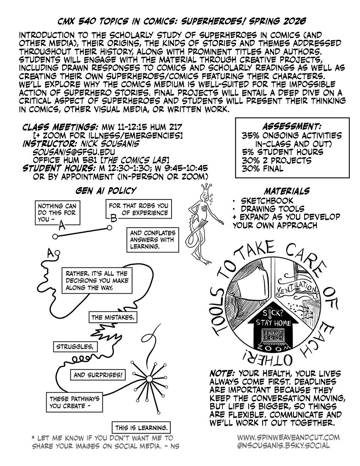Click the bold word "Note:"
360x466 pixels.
tap(223, 374)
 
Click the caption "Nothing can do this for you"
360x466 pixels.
tap(55, 213)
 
